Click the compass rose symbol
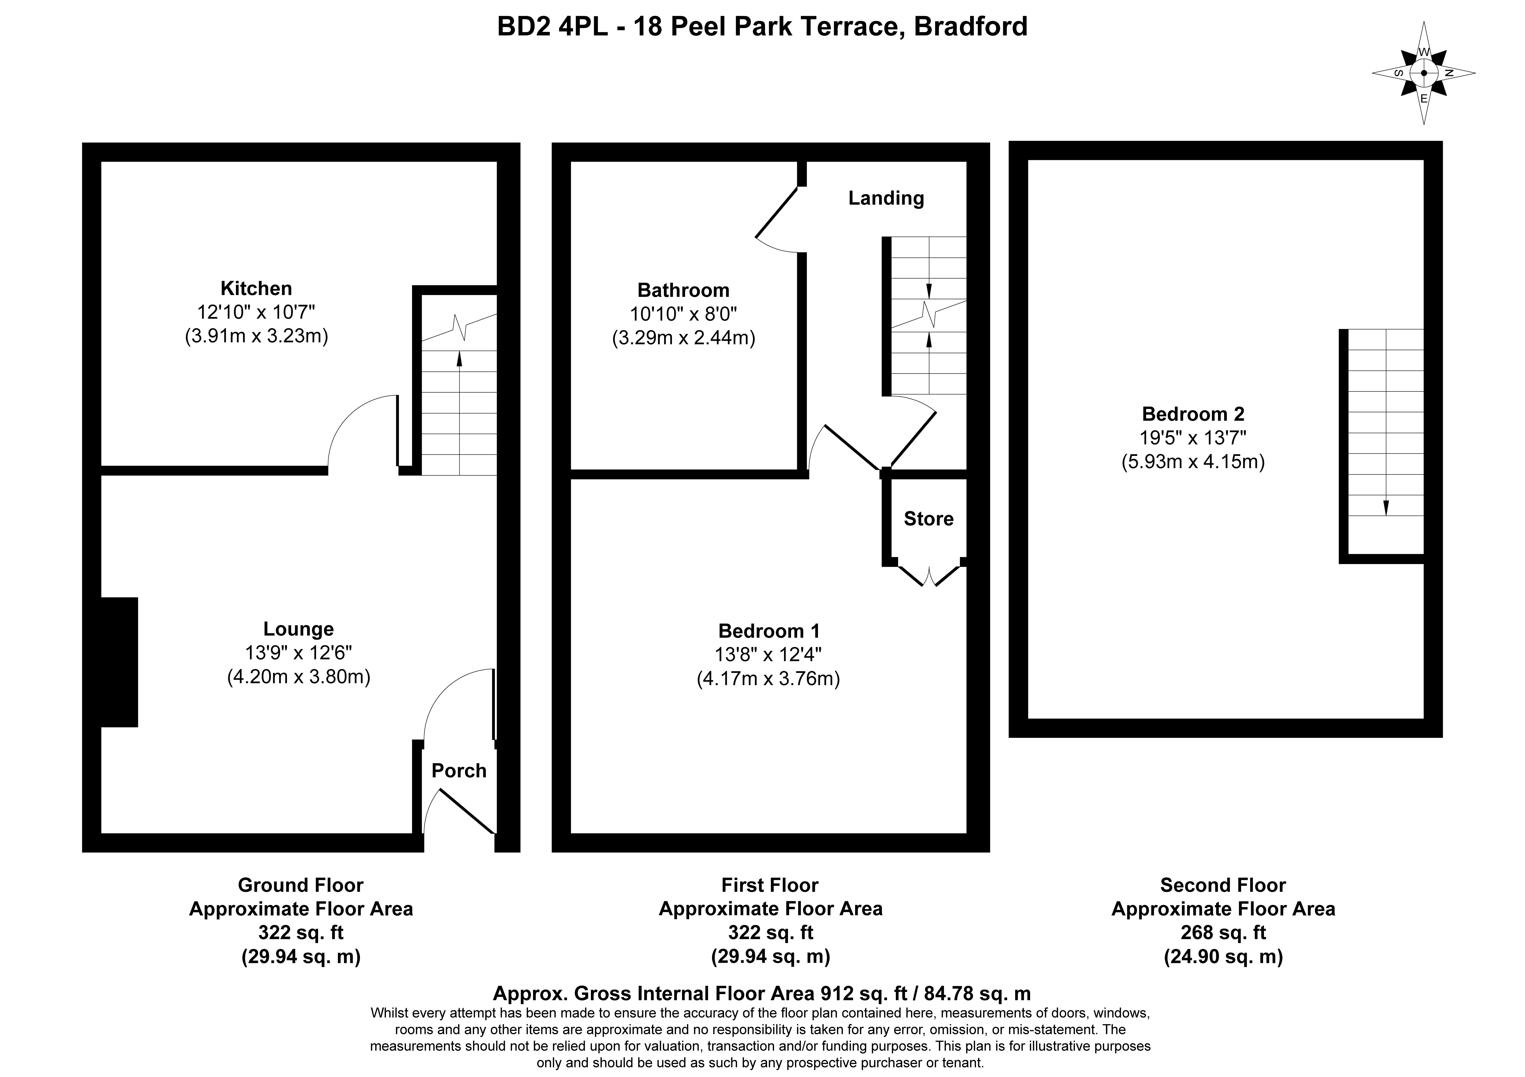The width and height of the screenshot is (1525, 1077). [x=1423, y=73]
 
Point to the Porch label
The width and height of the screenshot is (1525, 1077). [x=459, y=771]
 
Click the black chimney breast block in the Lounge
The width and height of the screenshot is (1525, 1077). [x=120, y=662]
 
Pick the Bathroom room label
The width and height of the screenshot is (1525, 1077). [x=683, y=290]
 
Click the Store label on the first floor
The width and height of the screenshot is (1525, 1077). [x=928, y=519]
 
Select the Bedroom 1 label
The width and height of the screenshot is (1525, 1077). [x=769, y=631]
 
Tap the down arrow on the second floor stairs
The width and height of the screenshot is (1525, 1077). [x=1386, y=507]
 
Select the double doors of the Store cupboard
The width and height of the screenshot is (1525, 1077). [x=929, y=575]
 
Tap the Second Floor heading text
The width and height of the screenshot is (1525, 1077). [x=1223, y=885]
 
